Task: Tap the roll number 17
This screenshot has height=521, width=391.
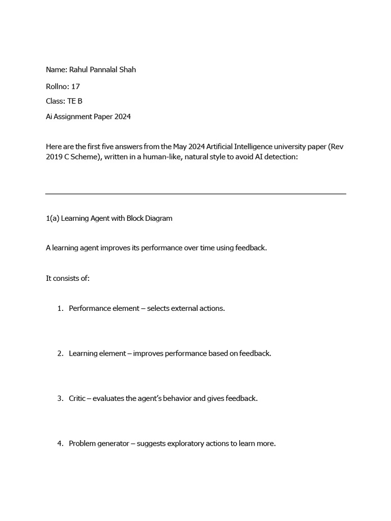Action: tap(75, 86)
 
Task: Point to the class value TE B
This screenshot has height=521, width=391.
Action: tap(74, 101)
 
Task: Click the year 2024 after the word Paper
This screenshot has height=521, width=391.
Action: tap(122, 117)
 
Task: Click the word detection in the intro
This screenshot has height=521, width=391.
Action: tap(279, 157)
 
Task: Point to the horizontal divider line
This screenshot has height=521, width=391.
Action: tap(195, 194)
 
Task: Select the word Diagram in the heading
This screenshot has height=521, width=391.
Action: tap(157, 218)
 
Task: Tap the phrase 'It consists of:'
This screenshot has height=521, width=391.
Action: tap(68, 278)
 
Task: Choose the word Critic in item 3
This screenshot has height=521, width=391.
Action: tap(77, 398)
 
